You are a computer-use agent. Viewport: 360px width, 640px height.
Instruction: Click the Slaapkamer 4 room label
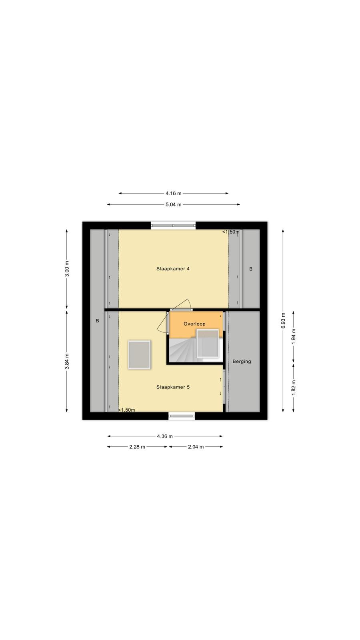click(173, 268)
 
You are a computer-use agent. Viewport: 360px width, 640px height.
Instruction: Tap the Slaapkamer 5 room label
click(173, 387)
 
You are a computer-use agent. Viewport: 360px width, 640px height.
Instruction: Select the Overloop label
click(194, 324)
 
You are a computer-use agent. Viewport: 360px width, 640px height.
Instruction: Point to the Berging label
click(242, 362)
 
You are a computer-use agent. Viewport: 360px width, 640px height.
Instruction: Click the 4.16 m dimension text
click(174, 194)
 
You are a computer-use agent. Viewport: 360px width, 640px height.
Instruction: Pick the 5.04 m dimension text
click(174, 204)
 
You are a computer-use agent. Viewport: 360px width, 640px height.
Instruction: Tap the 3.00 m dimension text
click(67, 269)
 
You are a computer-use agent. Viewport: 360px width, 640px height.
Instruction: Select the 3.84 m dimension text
click(67, 362)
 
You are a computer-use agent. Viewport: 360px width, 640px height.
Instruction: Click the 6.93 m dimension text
click(283, 320)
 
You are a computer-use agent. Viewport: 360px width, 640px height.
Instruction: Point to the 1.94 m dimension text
click(294, 336)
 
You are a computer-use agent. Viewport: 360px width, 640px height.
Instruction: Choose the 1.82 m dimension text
click(294, 388)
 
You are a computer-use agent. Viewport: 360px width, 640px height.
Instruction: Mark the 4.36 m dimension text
click(165, 436)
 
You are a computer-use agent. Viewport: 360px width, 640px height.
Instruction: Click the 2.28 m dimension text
click(137, 447)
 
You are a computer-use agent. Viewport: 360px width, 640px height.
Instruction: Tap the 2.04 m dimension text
click(196, 447)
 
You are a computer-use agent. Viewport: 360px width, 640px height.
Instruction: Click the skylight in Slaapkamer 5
click(140, 355)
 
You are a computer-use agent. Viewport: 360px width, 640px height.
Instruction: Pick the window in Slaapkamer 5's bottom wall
click(182, 416)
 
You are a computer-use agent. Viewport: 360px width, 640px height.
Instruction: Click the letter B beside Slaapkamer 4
click(251, 269)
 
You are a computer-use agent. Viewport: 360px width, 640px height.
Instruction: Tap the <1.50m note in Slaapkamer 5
click(126, 410)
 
